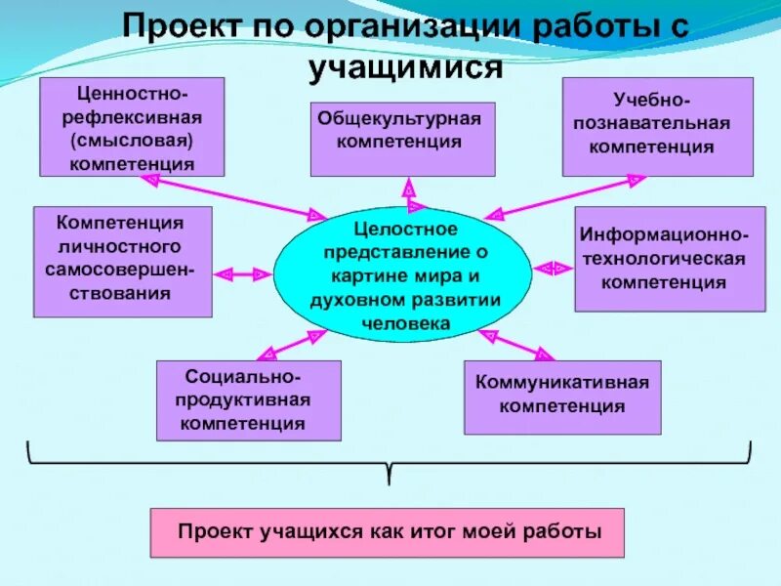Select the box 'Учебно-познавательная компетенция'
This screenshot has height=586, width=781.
point(657,126)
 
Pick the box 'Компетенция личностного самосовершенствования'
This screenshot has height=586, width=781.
point(122,261)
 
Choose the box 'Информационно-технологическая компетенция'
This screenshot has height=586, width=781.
point(670,259)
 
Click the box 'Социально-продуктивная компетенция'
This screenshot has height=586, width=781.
point(249,400)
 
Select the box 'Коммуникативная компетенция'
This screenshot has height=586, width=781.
point(561,397)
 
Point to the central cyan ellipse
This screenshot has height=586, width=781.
point(402,275)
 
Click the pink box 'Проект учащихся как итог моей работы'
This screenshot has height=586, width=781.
point(387,532)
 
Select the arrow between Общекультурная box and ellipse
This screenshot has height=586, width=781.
point(411,191)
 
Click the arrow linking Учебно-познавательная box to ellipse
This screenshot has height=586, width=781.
point(566,195)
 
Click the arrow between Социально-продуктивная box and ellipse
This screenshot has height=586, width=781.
point(293,344)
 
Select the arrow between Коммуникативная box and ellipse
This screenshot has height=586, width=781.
point(516,344)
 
